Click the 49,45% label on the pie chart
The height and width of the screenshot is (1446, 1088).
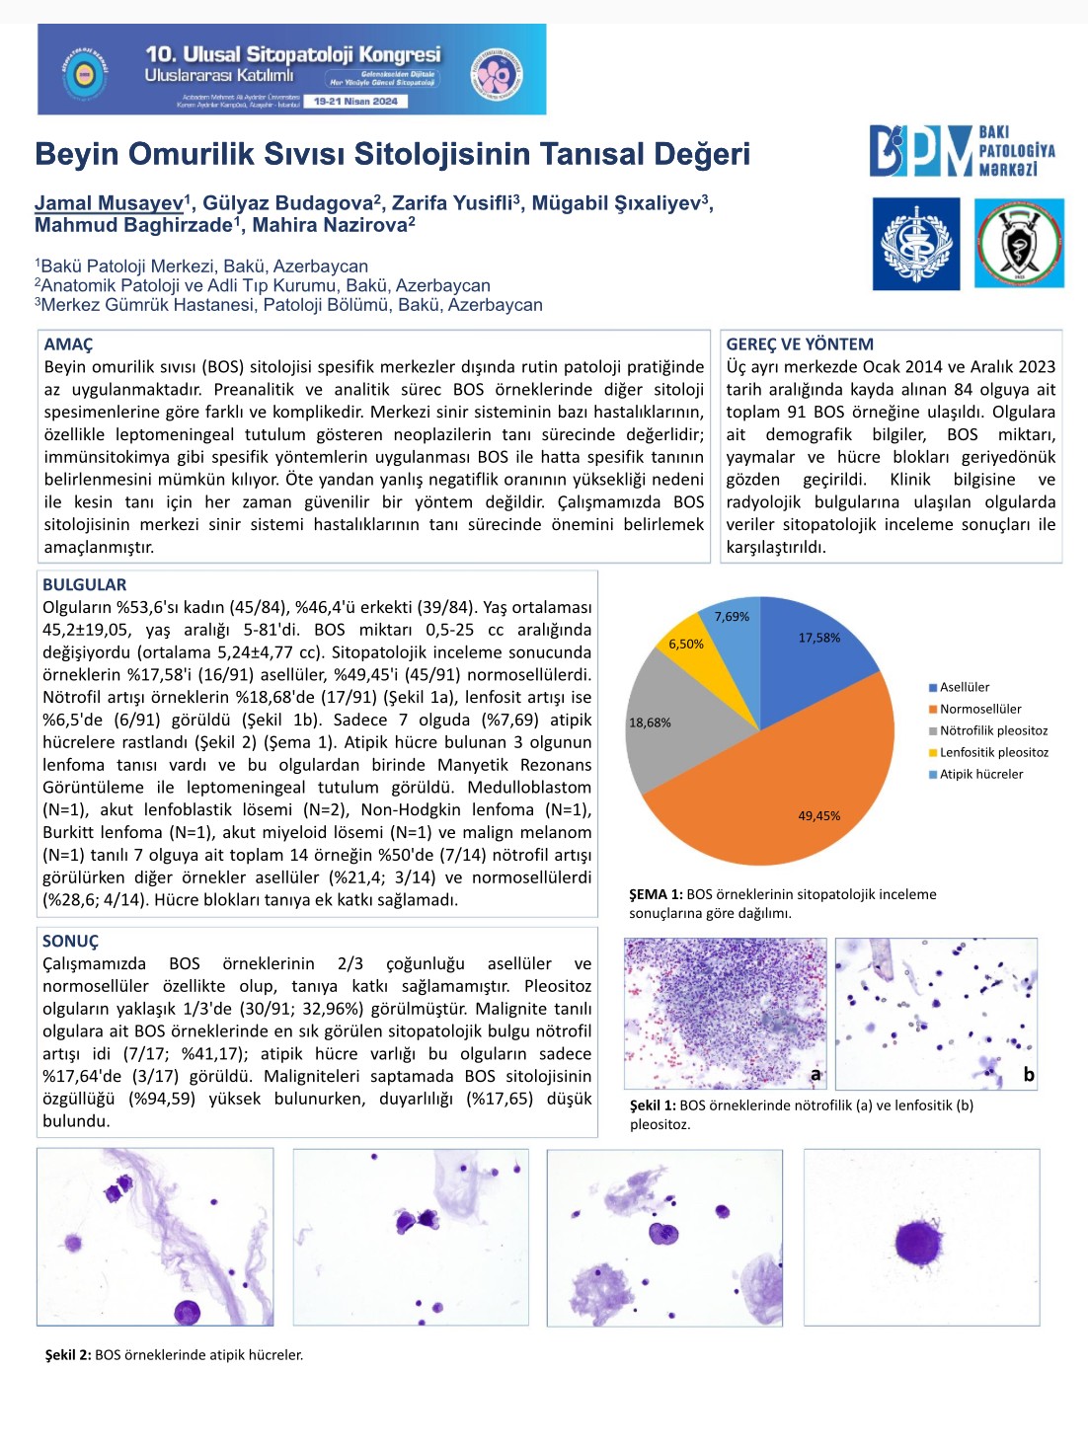pyautogui.click(x=818, y=815)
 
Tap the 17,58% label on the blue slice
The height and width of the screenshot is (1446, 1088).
pyautogui.click(x=818, y=638)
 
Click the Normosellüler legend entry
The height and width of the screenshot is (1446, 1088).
pyautogui.click(x=979, y=709)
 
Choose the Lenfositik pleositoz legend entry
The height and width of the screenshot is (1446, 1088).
pyautogui.click(x=993, y=752)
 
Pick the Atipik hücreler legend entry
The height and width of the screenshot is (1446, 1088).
pyautogui.click(x=980, y=774)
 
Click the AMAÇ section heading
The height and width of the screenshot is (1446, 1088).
pyautogui.click(x=68, y=344)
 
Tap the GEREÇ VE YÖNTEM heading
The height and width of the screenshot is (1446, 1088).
pyautogui.click(x=800, y=344)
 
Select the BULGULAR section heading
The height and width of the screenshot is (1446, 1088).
pyautogui.click(x=84, y=584)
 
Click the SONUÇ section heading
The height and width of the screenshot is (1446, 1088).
pyautogui.click(x=70, y=942)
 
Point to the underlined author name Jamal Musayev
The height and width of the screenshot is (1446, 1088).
pyautogui.click(x=109, y=203)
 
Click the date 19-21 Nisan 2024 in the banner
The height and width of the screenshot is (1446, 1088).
pyautogui.click(x=355, y=101)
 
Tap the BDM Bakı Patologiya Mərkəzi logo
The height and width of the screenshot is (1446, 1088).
pyautogui.click(x=963, y=151)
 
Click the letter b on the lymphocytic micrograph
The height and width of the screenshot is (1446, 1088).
pyautogui.click(x=1029, y=1075)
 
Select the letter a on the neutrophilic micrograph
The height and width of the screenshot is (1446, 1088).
pyautogui.click(x=816, y=1074)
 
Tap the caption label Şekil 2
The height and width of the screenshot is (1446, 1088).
pyautogui.click(x=67, y=1355)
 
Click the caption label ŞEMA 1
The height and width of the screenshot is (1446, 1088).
pyautogui.click(x=656, y=894)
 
